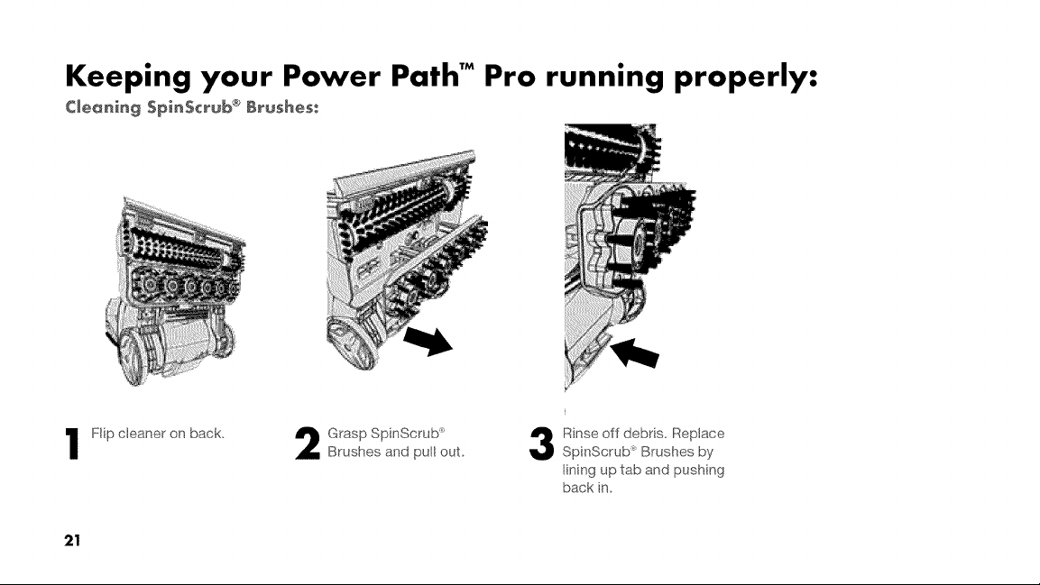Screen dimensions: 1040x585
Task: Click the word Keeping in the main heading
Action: click(x=128, y=77)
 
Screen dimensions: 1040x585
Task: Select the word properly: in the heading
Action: click(x=746, y=78)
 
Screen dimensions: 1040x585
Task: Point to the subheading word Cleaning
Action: click(x=103, y=107)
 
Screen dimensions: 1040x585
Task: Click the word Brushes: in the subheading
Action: click(x=282, y=106)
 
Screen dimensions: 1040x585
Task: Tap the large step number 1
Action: click(x=73, y=443)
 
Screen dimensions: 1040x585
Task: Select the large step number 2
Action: click(x=307, y=443)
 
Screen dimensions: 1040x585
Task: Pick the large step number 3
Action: click(x=541, y=443)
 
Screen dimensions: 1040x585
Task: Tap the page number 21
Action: click(x=72, y=540)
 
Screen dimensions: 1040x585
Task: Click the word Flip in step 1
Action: click(x=102, y=434)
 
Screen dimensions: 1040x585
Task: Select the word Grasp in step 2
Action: click(x=347, y=434)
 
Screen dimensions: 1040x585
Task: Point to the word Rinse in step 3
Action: click(x=580, y=434)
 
